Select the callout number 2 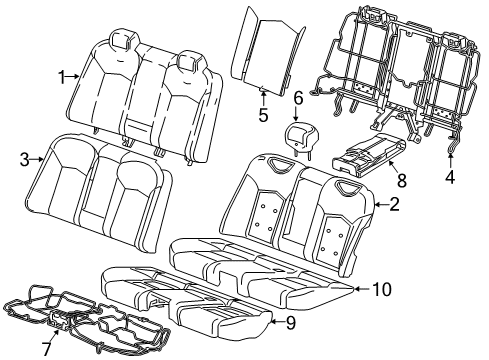click(x=394, y=205)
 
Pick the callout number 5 click(x=263, y=114)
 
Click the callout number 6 click(x=298, y=97)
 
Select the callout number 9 click(x=289, y=322)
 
